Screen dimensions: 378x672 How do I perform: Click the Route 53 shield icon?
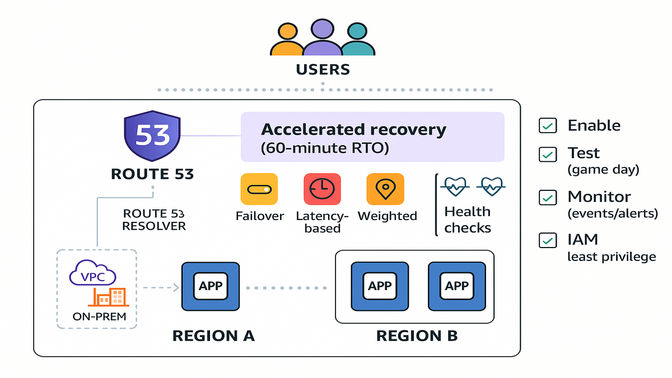[152, 136]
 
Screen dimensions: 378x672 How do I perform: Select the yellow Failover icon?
[259, 189]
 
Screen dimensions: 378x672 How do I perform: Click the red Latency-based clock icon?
[322, 189]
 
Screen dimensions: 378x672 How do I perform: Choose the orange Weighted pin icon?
[385, 189]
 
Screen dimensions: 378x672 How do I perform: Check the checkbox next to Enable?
[547, 125]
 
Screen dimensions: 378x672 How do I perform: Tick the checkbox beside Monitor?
[547, 197]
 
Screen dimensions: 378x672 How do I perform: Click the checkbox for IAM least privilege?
[547, 240]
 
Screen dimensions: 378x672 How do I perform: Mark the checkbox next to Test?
[547, 153]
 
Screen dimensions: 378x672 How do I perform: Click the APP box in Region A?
[211, 286]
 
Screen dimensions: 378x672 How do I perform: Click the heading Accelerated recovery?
[353, 130]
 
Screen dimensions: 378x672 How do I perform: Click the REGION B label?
[417, 336]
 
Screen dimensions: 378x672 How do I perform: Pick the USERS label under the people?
[323, 70]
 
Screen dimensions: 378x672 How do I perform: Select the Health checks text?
[468, 220]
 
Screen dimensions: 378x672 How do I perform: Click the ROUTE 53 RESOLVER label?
[153, 220]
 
